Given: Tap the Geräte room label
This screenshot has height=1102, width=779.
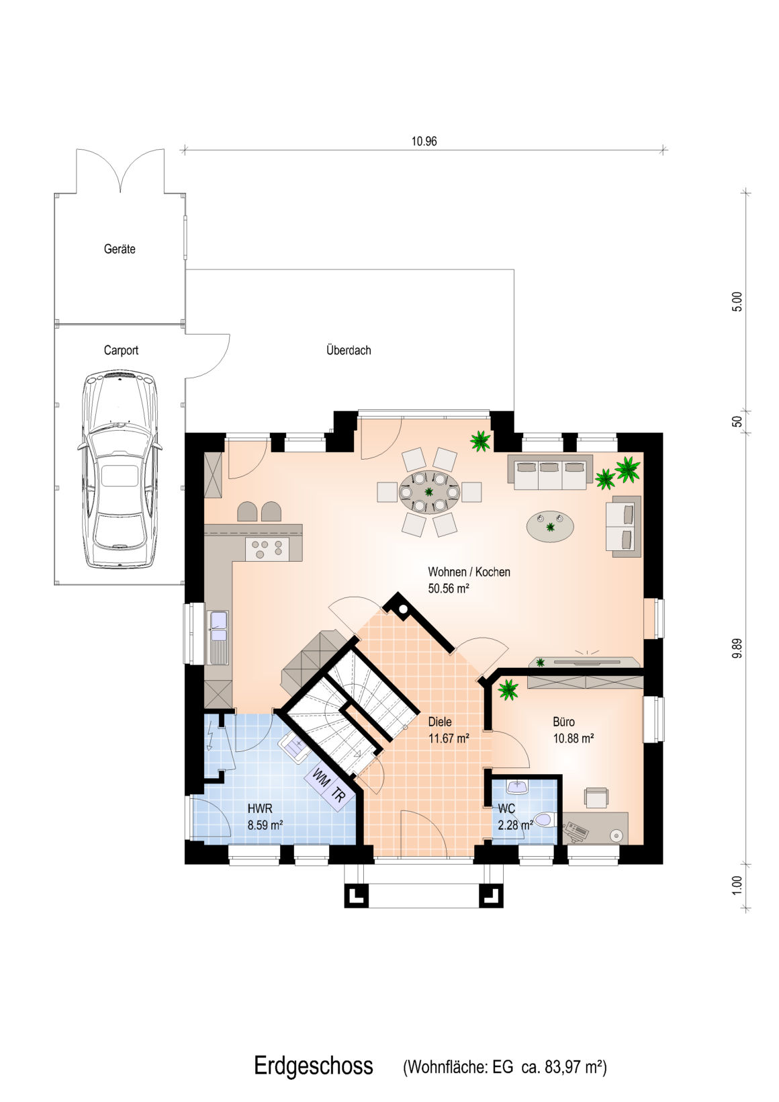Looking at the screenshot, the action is tap(120, 249).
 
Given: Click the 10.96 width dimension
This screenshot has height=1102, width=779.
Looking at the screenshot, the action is tap(424, 141).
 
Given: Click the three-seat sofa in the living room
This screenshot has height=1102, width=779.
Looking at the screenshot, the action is tap(550, 472).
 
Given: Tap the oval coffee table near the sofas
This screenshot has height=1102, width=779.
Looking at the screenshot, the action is tap(550, 526).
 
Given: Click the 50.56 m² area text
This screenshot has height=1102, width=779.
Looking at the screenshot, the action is tap(449, 589).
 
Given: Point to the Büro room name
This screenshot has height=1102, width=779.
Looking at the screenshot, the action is tap(563, 722).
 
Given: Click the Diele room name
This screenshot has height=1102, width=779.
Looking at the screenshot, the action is tap(440, 722).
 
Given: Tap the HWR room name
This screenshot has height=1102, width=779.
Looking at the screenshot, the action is tap(260, 808).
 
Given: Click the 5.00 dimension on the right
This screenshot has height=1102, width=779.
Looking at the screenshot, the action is tap(736, 302).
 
